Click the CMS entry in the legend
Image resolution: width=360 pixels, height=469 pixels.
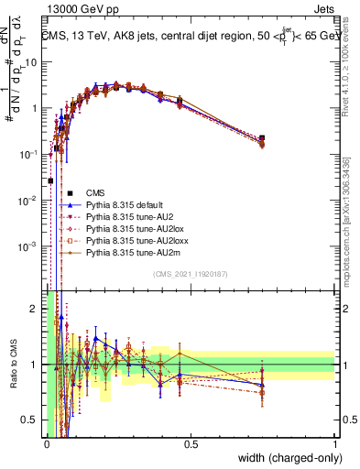click(x=95, y=192)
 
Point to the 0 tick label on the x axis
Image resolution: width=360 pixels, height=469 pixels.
click(x=47, y=444)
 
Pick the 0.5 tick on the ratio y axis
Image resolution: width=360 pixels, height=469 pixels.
click(x=33, y=420)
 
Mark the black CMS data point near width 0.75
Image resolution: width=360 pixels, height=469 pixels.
click(x=262, y=138)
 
